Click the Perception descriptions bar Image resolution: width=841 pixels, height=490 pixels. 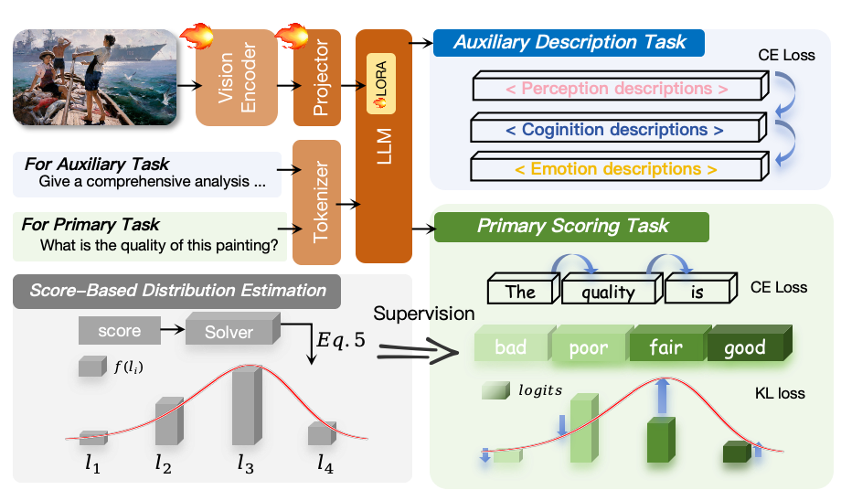pyautogui.click(x=617, y=90)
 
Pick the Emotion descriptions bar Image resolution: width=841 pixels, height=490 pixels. pyautogui.click(x=617, y=169)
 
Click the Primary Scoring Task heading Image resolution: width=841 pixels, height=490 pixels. pyautogui.click(x=572, y=226)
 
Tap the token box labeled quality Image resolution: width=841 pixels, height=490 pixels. pyautogui.click(x=607, y=292)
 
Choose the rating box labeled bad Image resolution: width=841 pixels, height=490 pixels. pyautogui.click(x=511, y=347)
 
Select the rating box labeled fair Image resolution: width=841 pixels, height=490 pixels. pyautogui.click(x=665, y=347)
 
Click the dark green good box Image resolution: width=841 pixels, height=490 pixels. pyautogui.click(x=745, y=347)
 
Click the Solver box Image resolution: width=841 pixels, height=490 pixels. pyautogui.click(x=229, y=330)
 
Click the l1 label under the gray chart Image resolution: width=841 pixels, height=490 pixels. pyautogui.click(x=92, y=463)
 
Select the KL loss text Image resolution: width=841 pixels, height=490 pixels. pyautogui.click(x=780, y=393)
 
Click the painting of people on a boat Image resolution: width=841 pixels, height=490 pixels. pyautogui.click(x=94, y=77)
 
